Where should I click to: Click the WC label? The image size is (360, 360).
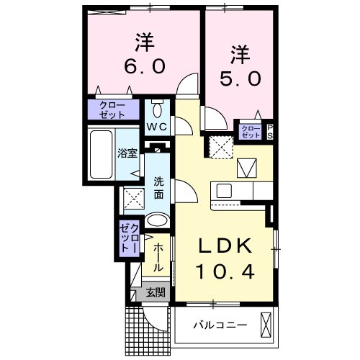158,127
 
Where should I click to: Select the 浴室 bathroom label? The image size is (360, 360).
127,153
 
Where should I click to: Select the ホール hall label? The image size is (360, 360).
159,257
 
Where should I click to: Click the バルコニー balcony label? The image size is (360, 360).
220,325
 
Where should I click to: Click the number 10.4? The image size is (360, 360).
225,274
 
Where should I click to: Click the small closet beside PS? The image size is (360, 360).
251,131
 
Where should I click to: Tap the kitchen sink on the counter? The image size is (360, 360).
222,192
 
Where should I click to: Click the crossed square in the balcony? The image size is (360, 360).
266,324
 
